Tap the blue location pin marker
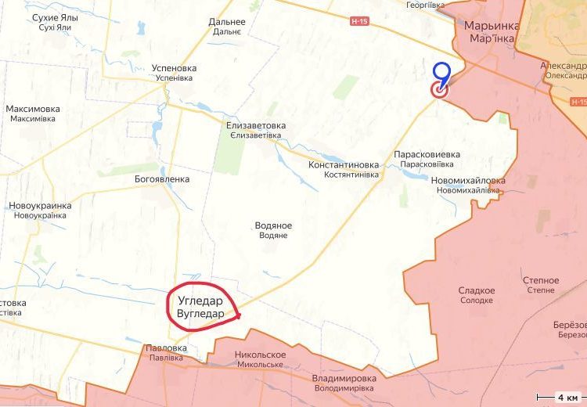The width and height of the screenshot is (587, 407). coord(442,73)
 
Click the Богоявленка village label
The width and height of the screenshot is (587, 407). coord(162,178)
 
